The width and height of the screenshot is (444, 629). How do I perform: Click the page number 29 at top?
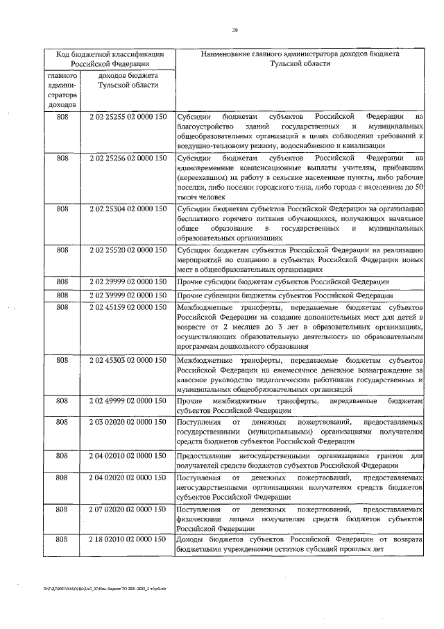click(234, 30)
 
